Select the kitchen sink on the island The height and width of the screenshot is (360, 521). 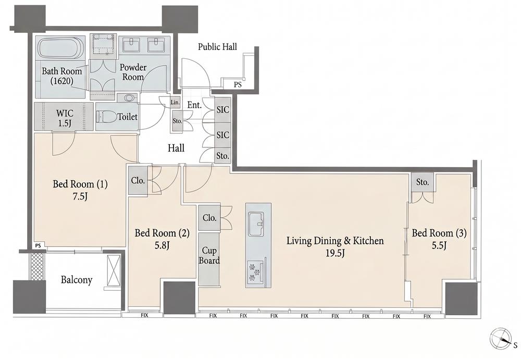tap(256, 223)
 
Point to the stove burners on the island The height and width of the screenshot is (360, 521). tap(255, 270)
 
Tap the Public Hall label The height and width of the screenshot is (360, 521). tap(218, 47)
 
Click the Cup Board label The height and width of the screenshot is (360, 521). tap(209, 255)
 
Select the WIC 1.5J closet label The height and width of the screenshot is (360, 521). tap(65, 118)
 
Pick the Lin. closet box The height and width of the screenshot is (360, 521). tap(175, 103)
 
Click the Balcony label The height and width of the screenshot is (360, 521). tap(77, 280)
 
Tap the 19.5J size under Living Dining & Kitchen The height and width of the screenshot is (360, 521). tap(335, 253)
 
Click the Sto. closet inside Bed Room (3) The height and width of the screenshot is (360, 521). tap(423, 182)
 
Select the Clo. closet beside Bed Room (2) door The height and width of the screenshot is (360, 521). tap(138, 180)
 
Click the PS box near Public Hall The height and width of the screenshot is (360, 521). tap(237, 84)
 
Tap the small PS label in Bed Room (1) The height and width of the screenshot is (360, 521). tap(38, 246)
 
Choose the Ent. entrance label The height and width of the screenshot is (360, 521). tap(194, 105)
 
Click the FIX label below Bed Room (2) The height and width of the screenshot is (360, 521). tap(144, 315)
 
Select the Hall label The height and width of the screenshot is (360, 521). tap(176, 148)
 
